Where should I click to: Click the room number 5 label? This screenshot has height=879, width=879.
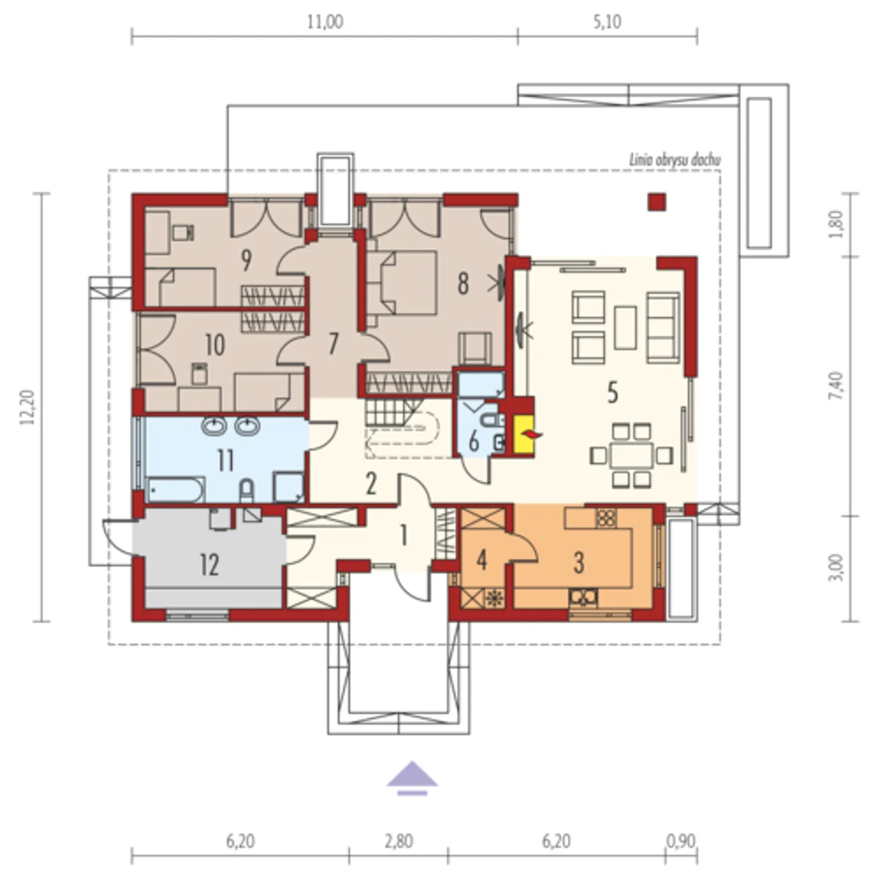tap(613, 393)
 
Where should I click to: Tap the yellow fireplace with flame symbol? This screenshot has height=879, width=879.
tap(525, 435)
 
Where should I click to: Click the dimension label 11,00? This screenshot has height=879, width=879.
tap(325, 22)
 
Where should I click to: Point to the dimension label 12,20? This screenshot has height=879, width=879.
tap(27, 407)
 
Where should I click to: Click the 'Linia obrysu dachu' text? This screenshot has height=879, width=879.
tap(675, 160)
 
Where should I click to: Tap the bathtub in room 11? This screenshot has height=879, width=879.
tap(176, 490)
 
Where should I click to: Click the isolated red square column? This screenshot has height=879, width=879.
tap(657, 202)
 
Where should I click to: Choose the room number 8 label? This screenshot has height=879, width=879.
tap(463, 284)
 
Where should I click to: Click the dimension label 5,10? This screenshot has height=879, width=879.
tap(607, 22)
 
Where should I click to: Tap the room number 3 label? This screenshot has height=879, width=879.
tap(579, 563)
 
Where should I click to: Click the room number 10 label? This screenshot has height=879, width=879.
tap(215, 345)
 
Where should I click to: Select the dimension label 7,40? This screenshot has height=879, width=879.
tap(838, 386)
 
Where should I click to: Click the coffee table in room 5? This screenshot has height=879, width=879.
tap(626, 328)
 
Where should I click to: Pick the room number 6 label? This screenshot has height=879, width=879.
tap(474, 442)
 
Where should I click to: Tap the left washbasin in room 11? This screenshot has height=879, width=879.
tap(214, 426)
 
